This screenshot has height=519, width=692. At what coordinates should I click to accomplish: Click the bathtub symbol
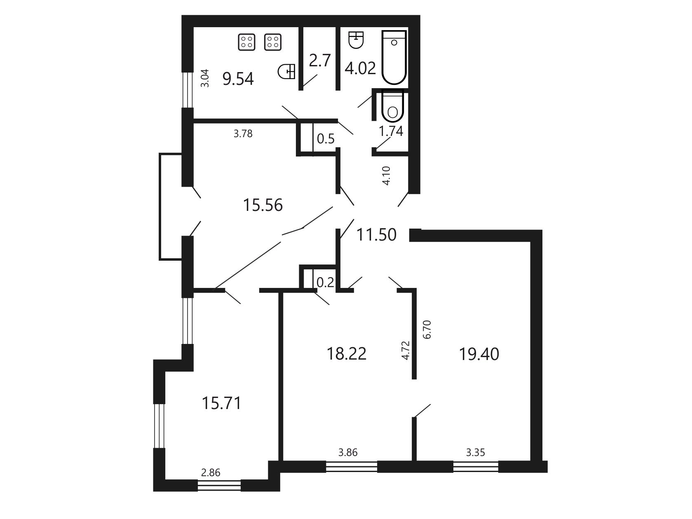pos(394,57)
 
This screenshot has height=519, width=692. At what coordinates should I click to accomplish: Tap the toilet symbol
pos(392,105)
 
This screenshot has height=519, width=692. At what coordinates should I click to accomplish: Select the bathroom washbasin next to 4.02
pos(356,40)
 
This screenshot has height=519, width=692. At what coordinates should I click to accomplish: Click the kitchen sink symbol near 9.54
pos(286,71)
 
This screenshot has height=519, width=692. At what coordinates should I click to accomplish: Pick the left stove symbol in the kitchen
pos(246,42)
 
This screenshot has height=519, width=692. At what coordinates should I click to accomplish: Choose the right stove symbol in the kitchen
pos(273,42)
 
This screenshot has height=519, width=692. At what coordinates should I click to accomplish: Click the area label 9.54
pos(238,79)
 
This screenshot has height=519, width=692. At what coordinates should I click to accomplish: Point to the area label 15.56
pos(263,205)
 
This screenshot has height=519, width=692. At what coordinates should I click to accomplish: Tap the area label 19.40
pos(479,354)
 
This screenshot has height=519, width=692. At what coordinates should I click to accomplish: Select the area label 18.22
pos(347,353)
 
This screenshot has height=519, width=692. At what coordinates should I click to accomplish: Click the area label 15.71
pos(222,403)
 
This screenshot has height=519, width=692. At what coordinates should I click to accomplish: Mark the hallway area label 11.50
pos(376,235)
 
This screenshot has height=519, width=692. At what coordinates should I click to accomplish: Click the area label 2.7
pos(320,61)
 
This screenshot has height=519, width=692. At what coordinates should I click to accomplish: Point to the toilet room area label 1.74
pos(391,131)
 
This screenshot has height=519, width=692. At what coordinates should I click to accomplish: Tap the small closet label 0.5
pos(326,138)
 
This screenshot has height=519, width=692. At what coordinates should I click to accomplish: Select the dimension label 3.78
pos(243,134)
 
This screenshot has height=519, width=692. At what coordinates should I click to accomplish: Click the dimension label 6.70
pos(427,330)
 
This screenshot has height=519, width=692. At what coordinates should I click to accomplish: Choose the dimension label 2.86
pos(211,472)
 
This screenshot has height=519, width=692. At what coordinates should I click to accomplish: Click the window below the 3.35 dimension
pos(476,466)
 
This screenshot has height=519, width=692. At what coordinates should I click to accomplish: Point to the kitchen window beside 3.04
pos(188,90)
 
